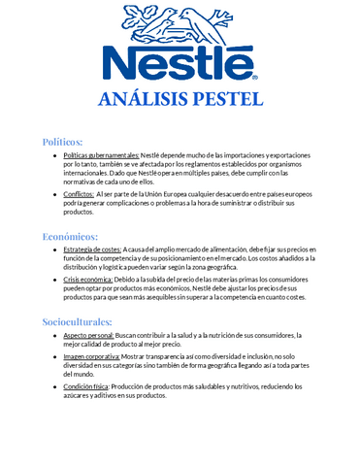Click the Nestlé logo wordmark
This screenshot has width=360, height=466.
[180, 61]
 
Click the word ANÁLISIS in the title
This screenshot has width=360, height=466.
[148, 98]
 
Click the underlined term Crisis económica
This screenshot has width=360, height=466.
[89, 278]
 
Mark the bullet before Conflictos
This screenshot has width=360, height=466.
[53, 194]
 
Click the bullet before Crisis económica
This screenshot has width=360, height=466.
[53, 279]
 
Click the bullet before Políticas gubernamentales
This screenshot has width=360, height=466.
[53, 156]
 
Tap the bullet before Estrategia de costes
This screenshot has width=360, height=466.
[53, 250]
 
